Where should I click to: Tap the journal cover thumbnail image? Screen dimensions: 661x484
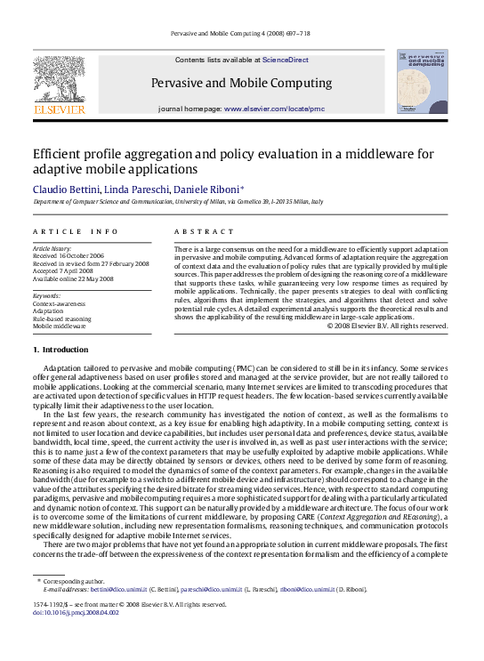pyautogui.click(x=422, y=81)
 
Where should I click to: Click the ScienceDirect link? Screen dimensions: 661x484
pyautogui.click(x=286, y=60)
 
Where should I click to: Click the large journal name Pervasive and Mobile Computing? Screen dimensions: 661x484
pyautogui.click(x=242, y=84)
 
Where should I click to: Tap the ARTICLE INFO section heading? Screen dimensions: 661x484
pyautogui.click(x=75, y=231)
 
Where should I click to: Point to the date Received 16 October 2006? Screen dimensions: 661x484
pyautogui.click(x=72, y=255)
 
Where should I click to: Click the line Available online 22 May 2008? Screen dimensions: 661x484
pyautogui.click(x=73, y=278)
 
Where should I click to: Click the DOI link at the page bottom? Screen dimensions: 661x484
pyautogui.click(x=77, y=638)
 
